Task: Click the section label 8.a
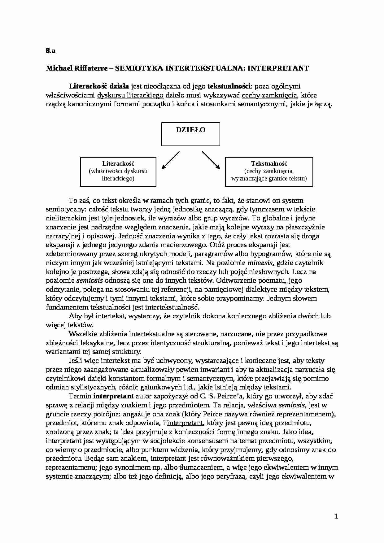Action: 50,51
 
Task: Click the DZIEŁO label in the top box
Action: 190,130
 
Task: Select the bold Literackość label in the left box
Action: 118,163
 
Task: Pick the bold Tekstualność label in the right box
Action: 269,163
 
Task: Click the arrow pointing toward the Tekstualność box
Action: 211,160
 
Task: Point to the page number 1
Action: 336,516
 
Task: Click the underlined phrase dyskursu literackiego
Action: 130,95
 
